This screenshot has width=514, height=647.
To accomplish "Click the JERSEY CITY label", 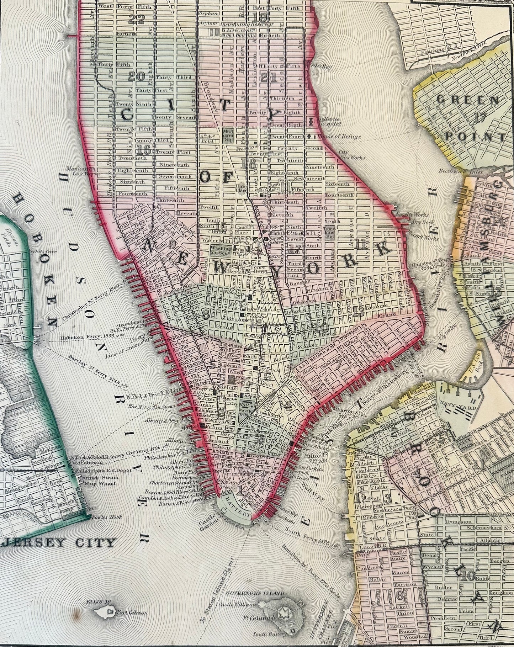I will point(59,542).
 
